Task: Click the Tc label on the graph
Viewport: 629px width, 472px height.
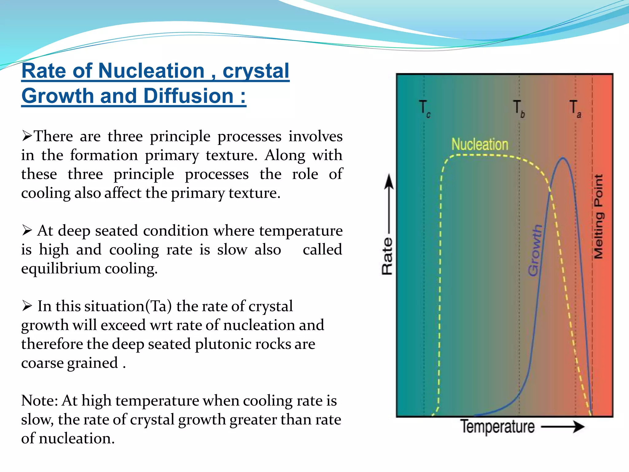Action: pos(425,109)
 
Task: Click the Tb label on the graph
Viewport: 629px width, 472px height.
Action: pos(519,109)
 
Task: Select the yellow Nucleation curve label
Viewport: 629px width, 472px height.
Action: pos(480,144)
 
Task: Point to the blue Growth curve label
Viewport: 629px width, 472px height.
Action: pos(535,250)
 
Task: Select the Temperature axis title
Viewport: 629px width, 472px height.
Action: pos(497,427)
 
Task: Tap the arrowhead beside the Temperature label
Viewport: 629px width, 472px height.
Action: pos(579,427)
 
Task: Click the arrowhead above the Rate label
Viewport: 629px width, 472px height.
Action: pos(389,181)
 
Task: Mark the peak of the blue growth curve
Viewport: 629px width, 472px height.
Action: pos(563,158)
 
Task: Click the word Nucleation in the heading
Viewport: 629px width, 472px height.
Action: pos(151,71)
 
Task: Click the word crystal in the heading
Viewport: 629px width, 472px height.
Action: pos(256,71)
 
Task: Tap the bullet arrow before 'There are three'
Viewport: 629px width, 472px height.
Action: pos(27,136)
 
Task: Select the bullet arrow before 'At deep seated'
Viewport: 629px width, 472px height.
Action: pos(27,230)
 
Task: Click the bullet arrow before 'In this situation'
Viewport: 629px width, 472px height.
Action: pos(27,306)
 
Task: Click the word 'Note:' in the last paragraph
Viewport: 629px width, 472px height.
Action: pos(39,401)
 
